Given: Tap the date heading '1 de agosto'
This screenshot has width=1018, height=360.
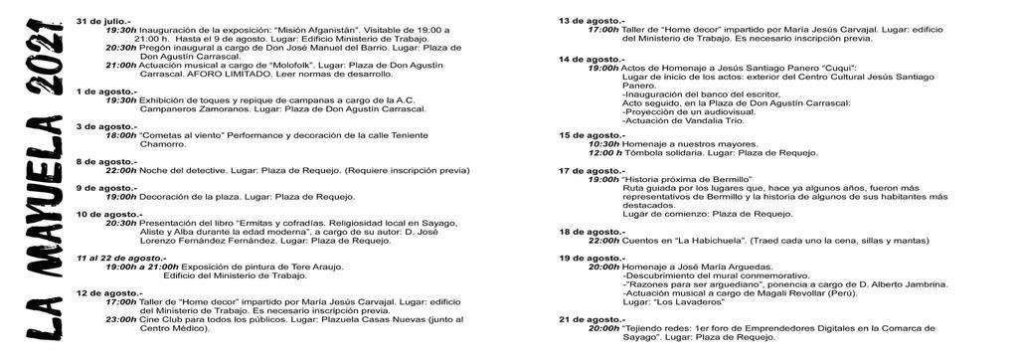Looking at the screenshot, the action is point(99,90).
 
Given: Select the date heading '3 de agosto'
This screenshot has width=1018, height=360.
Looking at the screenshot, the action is point(99,126).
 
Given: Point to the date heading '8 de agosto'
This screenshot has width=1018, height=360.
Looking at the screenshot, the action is point(99,161).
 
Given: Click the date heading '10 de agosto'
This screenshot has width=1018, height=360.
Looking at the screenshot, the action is point(102,214).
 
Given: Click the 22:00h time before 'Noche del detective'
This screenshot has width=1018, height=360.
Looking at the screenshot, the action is point(121,170).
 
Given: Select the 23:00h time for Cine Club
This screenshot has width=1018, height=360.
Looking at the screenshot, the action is point(121,319).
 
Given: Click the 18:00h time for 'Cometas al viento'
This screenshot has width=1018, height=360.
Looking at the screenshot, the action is point(121,135).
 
